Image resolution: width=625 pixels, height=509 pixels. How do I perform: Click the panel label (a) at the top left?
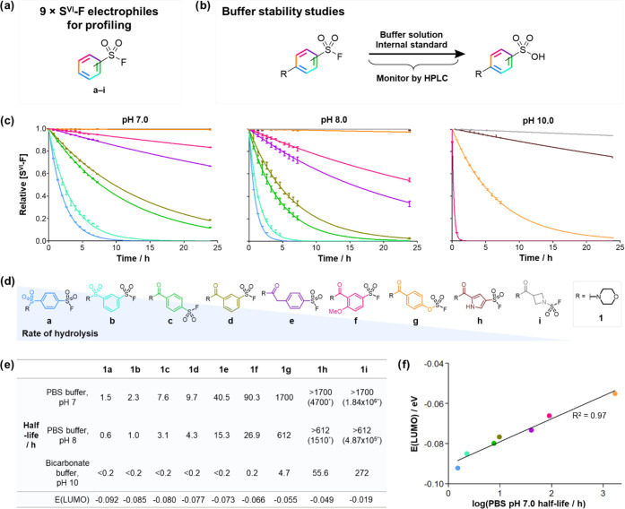click(x=11, y=8)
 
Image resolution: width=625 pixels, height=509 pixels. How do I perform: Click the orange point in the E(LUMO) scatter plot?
click(x=614, y=393)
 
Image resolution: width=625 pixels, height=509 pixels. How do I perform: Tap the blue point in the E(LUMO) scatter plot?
click(x=458, y=468)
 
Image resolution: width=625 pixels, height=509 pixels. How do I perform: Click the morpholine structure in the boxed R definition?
click(x=593, y=318)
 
